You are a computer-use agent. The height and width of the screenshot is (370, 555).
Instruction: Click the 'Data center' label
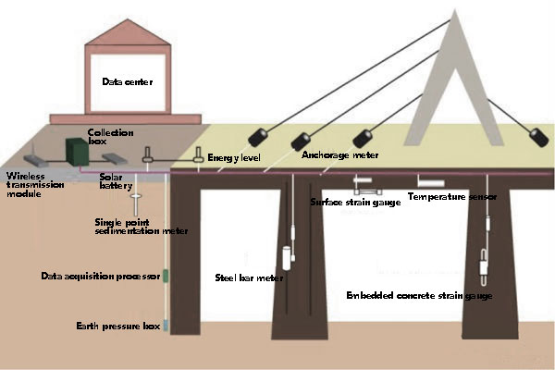click(128, 81)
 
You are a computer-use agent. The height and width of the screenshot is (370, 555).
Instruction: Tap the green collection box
click(77, 152)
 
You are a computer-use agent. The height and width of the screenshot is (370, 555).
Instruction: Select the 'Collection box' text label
click(110, 137)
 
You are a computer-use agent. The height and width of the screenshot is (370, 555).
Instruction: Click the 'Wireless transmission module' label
click(35, 185)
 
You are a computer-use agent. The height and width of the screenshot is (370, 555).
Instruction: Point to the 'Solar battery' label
click(116, 181)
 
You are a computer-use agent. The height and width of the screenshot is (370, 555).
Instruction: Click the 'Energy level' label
click(234, 157)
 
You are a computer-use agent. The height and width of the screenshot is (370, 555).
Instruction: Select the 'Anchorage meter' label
click(340, 155)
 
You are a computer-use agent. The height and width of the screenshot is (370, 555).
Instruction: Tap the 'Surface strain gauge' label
click(355, 203)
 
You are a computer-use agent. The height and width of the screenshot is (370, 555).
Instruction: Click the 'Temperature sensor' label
click(452, 196)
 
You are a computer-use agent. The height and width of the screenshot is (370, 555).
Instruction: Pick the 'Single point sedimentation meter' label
click(142, 227)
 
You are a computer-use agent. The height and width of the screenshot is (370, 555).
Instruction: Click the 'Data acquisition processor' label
click(101, 277)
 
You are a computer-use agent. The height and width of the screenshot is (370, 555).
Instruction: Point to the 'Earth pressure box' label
click(118, 326)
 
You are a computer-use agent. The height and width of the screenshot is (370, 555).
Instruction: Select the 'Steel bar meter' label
click(249, 277)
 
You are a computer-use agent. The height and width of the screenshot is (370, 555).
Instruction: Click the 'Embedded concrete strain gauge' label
click(419, 296)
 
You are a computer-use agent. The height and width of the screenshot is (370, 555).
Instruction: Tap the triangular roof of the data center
click(128, 31)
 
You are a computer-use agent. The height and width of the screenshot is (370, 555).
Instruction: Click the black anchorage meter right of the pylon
click(539, 138)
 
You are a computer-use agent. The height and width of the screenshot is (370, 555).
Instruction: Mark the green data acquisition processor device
click(166, 277)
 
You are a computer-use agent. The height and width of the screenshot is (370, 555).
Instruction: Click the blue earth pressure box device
click(166, 326)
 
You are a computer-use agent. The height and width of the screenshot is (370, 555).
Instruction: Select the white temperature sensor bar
click(431, 183)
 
